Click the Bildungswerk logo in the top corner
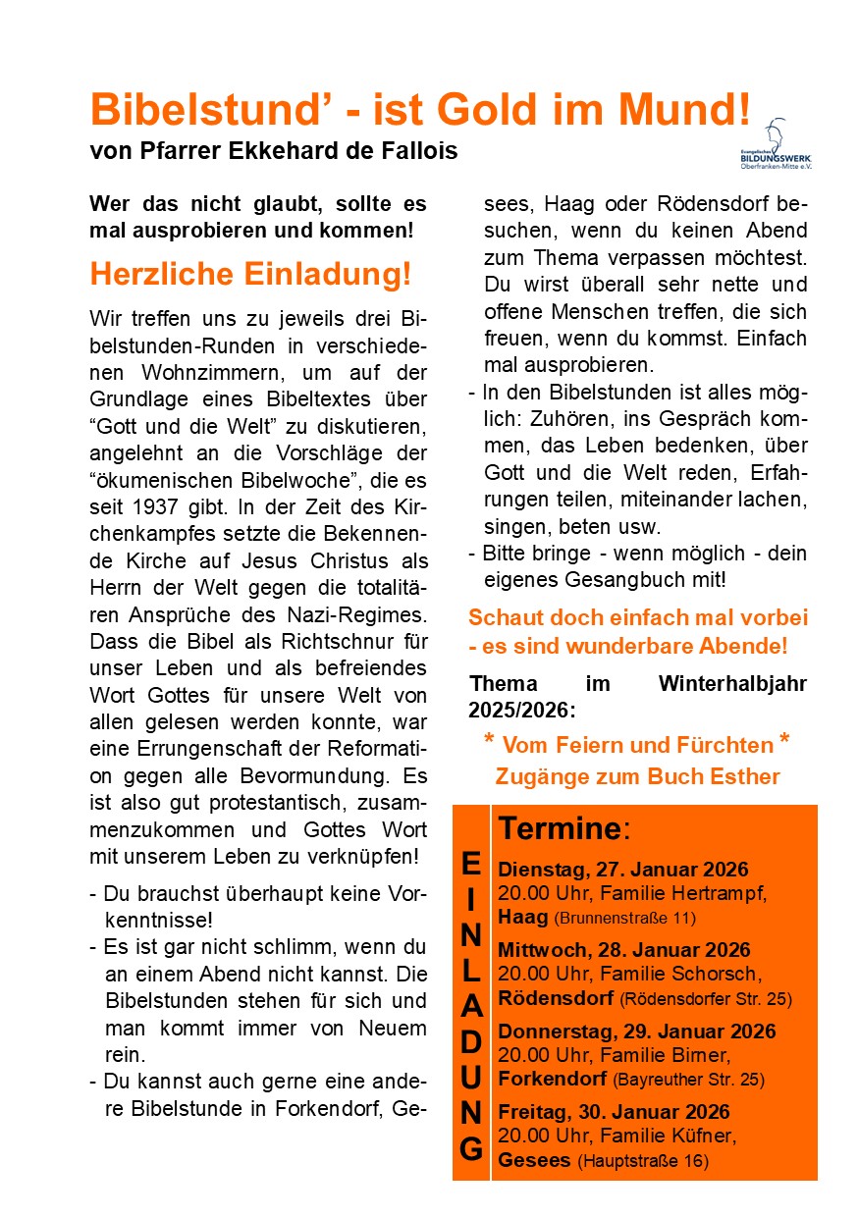(x=782, y=143)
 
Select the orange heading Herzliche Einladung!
(x=250, y=274)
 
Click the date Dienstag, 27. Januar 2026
(x=623, y=871)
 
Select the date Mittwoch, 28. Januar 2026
(x=624, y=950)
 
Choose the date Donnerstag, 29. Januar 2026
(x=636, y=1032)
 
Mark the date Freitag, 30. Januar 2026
(x=614, y=1112)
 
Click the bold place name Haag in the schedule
(x=523, y=918)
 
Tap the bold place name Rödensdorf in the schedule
(x=556, y=998)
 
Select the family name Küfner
(x=701, y=1136)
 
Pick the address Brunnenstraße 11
(x=625, y=919)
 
